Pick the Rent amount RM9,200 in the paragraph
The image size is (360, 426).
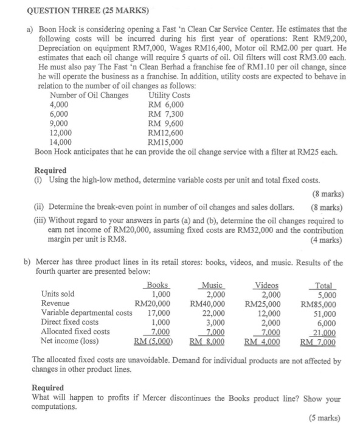point(331,38)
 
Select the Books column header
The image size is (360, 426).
point(157,285)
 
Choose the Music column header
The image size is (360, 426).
point(212,285)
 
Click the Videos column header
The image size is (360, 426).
point(266,285)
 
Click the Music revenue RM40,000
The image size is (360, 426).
point(209,303)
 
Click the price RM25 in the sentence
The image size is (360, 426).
point(304,150)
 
